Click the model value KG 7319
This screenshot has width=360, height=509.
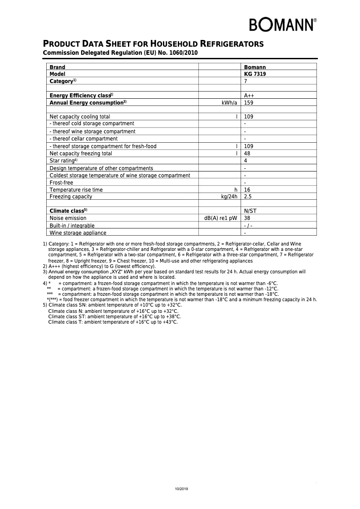click(255, 74)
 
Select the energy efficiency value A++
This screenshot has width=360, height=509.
click(249, 96)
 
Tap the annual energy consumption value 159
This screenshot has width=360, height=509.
click(249, 103)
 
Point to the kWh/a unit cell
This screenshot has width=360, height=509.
click(229, 103)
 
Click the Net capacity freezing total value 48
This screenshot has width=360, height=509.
click(247, 154)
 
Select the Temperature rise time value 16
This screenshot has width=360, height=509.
click(247, 190)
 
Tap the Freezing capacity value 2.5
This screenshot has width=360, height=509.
click(248, 197)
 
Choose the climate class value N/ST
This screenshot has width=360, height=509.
click(250, 211)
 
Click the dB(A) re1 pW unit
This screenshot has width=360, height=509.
click(220, 218)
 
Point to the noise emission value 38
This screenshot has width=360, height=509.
click(247, 218)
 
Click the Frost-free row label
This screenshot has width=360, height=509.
click(61, 183)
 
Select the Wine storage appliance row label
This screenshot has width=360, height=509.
click(78, 233)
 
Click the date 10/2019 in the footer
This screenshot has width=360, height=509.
click(181, 489)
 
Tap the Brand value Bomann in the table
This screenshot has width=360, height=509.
click(255, 67)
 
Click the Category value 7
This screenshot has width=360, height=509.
click(246, 81)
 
